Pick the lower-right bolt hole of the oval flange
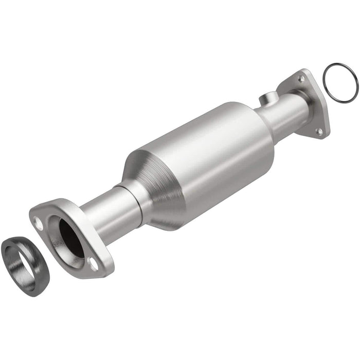tap(94, 263)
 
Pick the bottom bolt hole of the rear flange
tap(319, 132)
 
